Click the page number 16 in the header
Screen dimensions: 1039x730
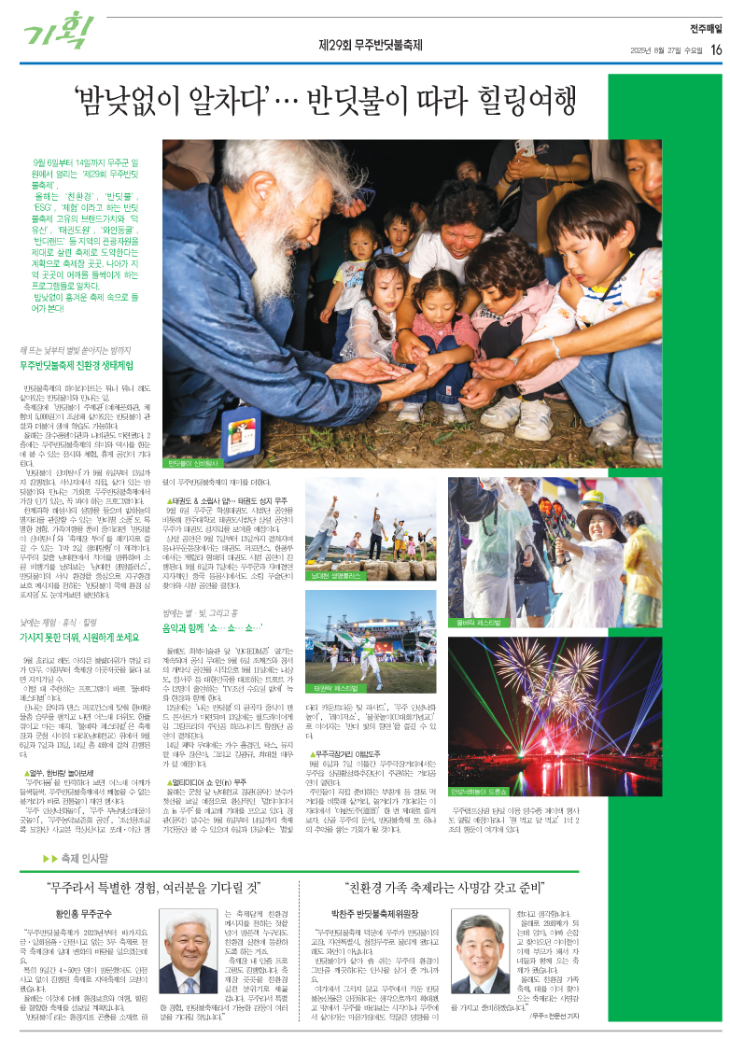click(715, 49)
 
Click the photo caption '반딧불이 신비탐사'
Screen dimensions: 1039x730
click(193, 463)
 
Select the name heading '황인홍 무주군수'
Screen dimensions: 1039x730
click(92, 915)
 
